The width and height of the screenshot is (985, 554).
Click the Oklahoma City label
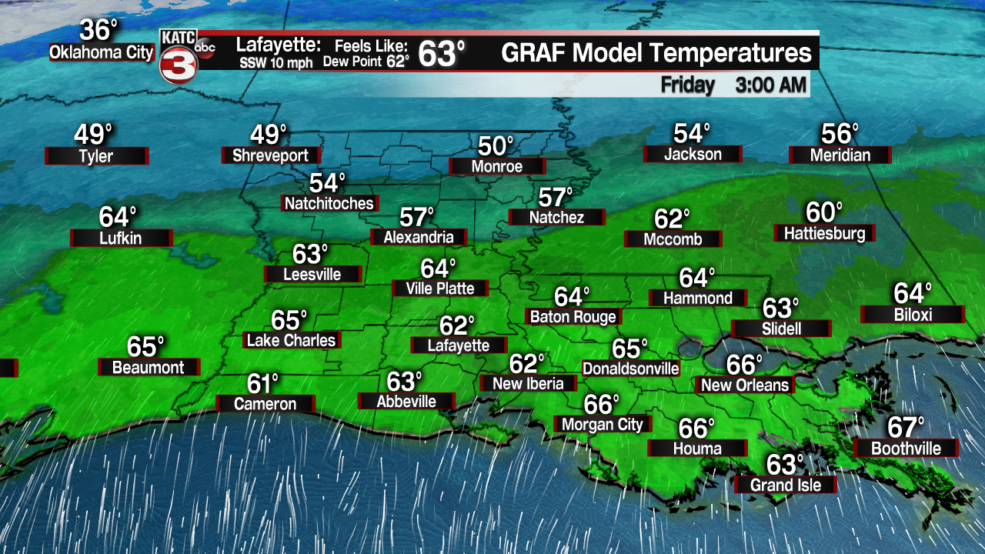(101, 52)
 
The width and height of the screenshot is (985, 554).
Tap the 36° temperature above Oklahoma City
(99, 31)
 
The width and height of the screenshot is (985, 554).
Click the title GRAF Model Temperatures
(656, 53)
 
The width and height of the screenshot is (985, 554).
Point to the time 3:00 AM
(770, 85)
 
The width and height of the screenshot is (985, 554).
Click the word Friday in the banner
(687, 85)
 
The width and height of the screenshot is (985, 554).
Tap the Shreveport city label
(270, 155)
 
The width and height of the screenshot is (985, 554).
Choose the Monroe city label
(496, 166)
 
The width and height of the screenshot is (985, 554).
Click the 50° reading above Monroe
(496, 145)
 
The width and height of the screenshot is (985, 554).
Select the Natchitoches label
(329, 203)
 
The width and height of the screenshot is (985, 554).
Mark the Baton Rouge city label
(573, 316)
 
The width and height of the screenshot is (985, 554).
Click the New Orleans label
(745, 385)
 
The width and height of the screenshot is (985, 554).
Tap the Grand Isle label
(785, 485)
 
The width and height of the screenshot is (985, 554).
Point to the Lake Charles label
(291, 340)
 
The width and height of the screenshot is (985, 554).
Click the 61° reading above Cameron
(262, 382)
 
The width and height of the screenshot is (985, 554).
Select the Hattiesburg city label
(824, 233)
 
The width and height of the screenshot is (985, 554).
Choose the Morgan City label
(602, 424)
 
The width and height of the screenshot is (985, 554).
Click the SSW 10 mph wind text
(275, 63)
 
